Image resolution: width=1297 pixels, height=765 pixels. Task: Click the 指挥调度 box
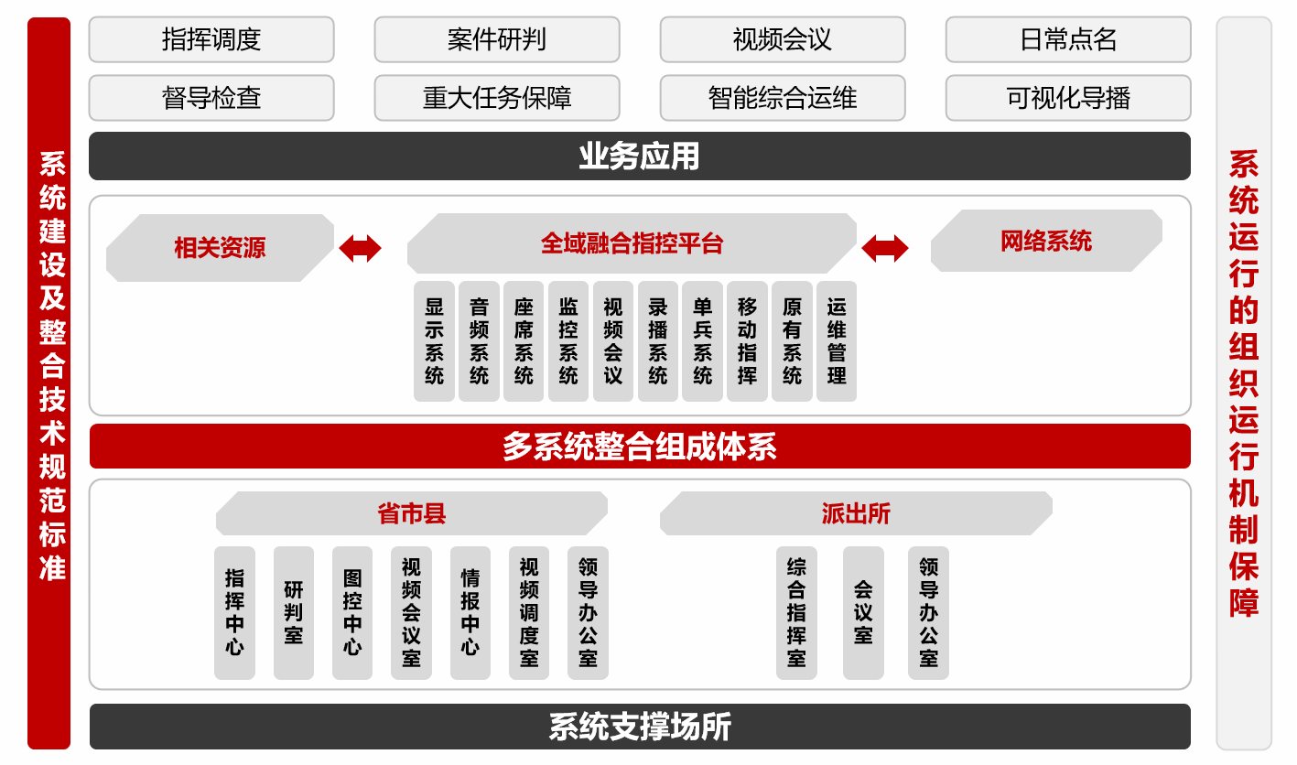211,39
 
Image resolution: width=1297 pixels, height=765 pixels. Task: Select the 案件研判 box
497,39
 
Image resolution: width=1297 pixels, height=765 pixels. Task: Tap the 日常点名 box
1068,39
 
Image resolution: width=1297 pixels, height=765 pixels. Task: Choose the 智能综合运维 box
783,98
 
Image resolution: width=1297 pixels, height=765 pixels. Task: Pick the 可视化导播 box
1068,98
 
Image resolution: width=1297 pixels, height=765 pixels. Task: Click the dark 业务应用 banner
640,156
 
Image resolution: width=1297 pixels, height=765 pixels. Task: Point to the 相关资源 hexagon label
220,247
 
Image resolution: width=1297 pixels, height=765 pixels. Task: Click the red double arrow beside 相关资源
360,247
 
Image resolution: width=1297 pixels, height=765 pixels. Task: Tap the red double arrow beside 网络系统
885,247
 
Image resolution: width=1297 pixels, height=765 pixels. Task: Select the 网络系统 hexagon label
1046,242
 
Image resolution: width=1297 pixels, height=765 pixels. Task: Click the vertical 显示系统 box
434,341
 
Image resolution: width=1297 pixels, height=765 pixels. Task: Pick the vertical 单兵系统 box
702,341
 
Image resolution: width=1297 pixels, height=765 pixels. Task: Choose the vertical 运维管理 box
837,341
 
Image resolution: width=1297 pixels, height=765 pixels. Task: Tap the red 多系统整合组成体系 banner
640,447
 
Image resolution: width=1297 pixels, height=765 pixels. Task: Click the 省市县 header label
411,513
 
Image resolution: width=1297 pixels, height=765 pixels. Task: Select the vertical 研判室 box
293,613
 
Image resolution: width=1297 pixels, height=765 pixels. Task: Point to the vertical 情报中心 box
470,613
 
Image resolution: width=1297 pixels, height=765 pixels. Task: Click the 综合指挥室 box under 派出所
796,613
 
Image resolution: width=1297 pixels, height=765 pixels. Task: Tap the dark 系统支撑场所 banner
640,727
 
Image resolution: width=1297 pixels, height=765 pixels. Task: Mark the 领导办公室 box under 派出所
928,613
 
